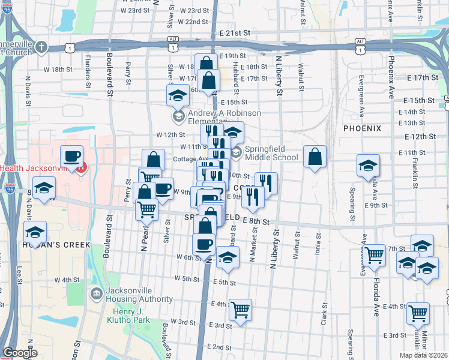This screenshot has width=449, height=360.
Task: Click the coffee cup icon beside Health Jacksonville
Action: pos(71,156)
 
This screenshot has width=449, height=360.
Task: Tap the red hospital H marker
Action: pos(82,167)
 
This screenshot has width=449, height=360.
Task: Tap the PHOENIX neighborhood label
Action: pos(362,128)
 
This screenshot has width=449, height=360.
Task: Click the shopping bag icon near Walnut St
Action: pos(315,157)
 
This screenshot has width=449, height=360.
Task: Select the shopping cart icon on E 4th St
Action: pos(240,310)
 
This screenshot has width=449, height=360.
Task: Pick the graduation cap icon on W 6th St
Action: pos(227,257)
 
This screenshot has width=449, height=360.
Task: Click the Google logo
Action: pos(20,353)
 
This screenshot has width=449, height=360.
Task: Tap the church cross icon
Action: pos(41,47)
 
